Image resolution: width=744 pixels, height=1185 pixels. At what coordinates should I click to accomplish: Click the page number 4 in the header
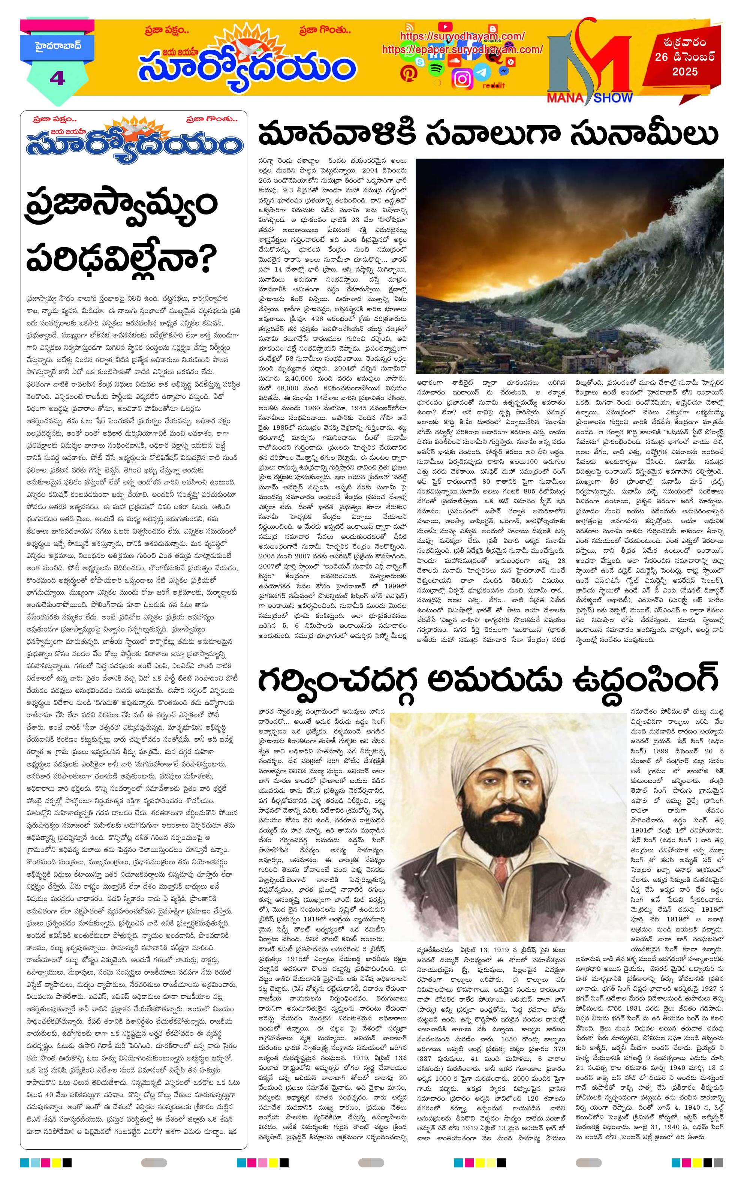[57, 78]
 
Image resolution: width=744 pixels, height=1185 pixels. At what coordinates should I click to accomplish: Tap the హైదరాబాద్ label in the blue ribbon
[57, 48]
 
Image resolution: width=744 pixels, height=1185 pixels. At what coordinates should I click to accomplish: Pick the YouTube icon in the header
[445, 27]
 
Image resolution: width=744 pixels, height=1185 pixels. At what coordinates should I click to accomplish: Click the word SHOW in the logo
[612, 97]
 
